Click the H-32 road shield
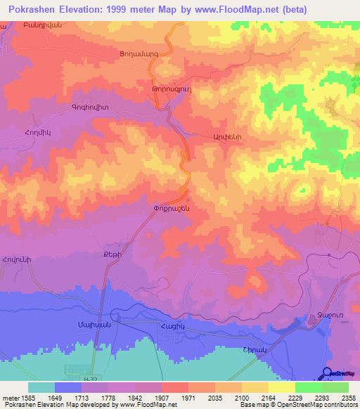pyautogui.click(x=90, y=379)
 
